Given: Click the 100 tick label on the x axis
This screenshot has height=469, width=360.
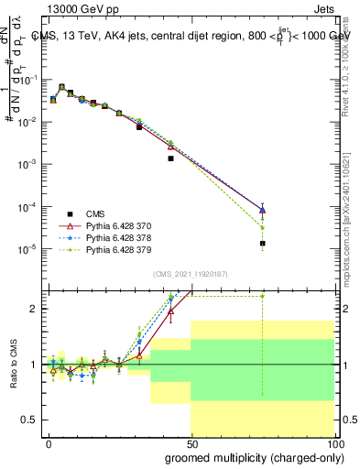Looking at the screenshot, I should [x=332, y=442].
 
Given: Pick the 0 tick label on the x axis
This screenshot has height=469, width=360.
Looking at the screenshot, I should [x=49, y=442].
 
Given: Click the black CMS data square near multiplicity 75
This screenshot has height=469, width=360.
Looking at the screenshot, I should [x=262, y=244].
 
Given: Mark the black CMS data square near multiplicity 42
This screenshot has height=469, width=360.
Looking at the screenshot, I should [x=170, y=158].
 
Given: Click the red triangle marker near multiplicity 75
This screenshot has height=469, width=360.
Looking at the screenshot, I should [x=262, y=210].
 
